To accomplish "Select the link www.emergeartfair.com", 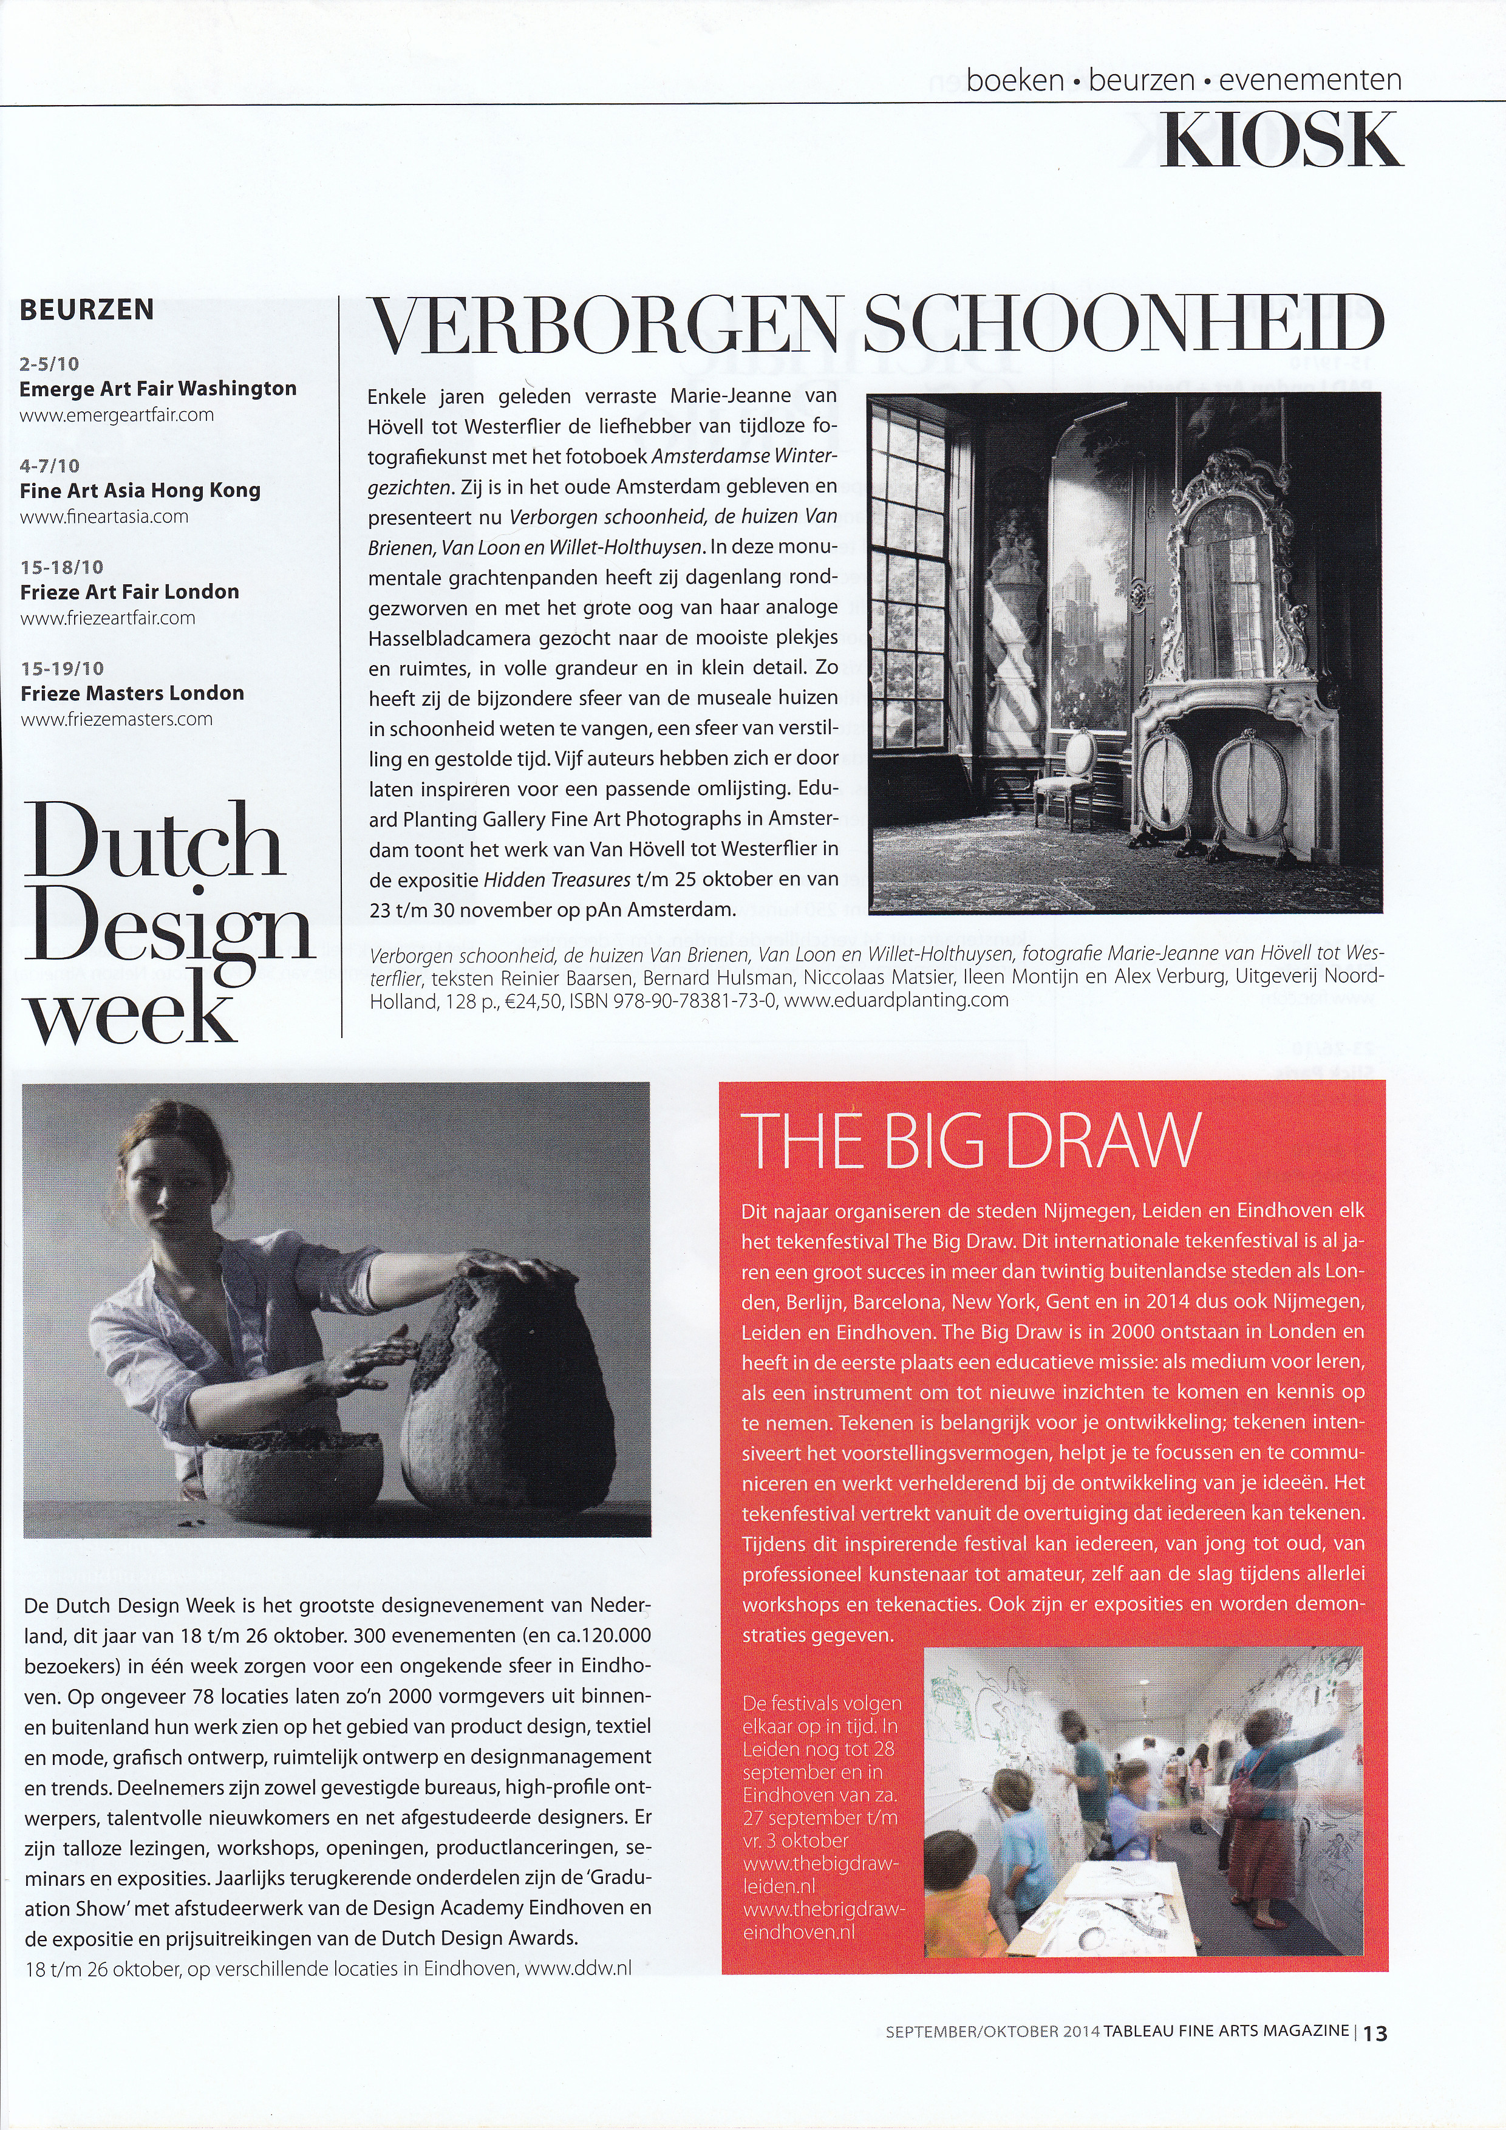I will pyautogui.click(x=117, y=415).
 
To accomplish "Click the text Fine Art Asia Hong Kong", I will pyautogui.click(x=140, y=491).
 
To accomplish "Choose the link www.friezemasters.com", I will pyautogui.click(x=117, y=719).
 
